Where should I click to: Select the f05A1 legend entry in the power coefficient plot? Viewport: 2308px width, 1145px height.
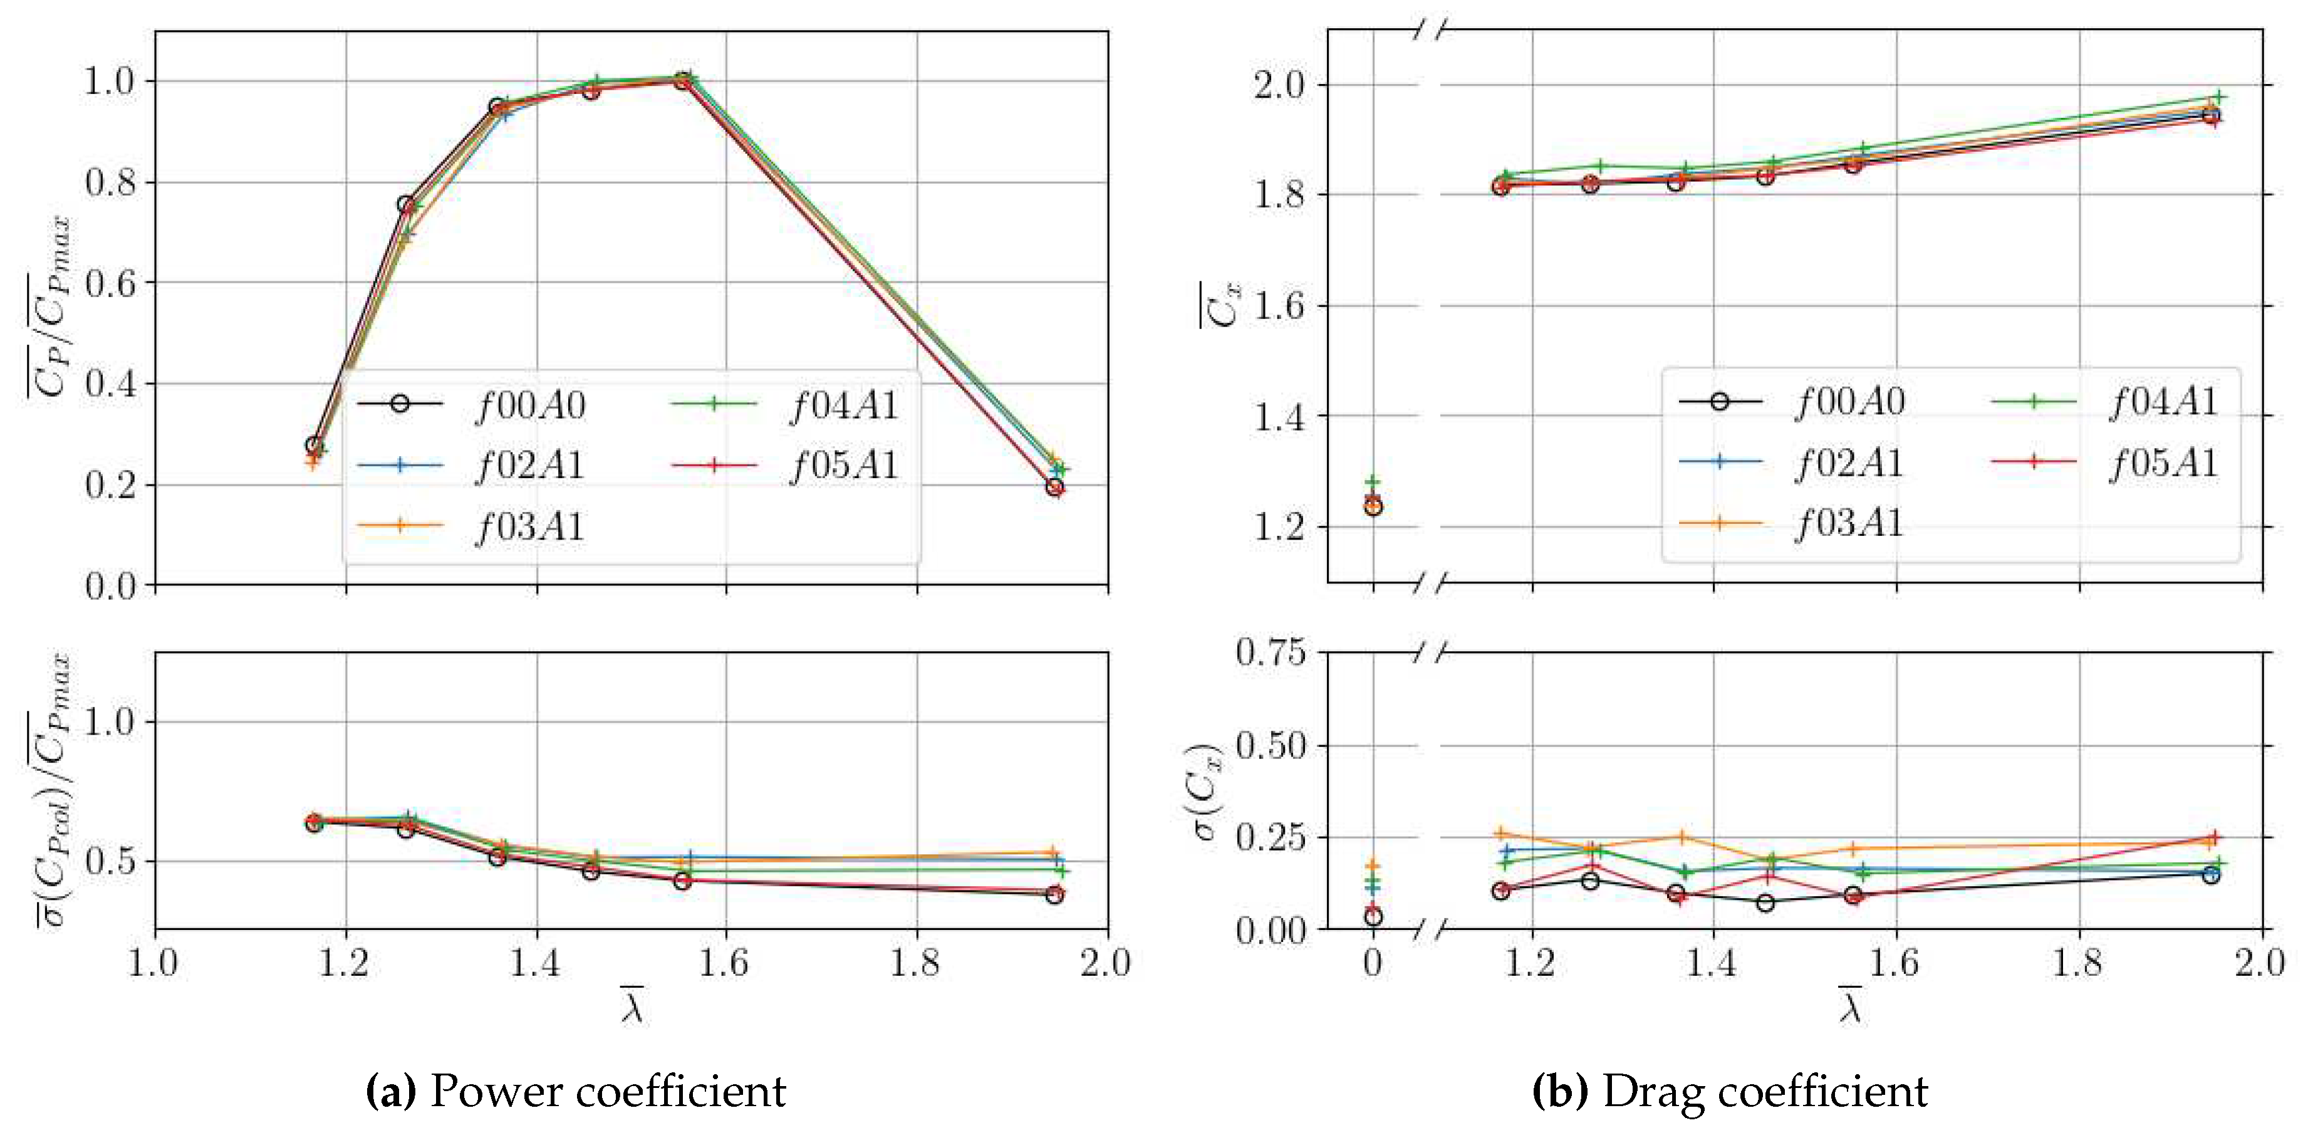coord(844,465)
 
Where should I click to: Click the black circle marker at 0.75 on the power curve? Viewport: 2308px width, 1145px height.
coord(406,205)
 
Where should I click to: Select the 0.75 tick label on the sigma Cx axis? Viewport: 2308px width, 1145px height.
coord(1271,652)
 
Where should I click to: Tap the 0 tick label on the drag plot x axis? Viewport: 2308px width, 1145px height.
coord(1372,963)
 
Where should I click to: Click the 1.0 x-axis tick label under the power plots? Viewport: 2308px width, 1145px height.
coord(154,963)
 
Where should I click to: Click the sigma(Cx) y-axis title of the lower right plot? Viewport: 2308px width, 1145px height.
coord(1208,791)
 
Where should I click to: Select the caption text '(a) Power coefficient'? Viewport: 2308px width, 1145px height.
coord(576,1091)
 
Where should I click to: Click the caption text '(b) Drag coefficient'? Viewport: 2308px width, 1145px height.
coord(1729,1091)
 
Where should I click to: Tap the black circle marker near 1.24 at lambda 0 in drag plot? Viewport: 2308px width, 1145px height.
coord(1373,507)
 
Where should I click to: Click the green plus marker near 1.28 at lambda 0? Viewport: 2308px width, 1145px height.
coord(1373,482)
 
